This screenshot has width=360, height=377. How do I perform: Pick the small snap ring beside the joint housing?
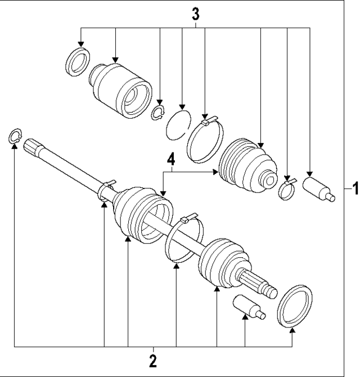click(158, 113)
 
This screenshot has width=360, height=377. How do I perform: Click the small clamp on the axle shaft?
click(105, 190)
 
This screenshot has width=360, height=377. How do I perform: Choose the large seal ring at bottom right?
click(295, 307)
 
